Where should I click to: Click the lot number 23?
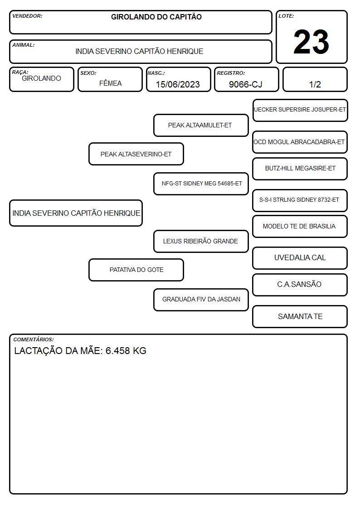tap(311, 42)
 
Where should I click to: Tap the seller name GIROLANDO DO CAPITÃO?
tap(156, 17)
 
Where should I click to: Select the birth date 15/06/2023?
tap(178, 84)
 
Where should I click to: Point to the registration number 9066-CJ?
tap(245, 84)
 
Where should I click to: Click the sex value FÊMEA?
tap(110, 83)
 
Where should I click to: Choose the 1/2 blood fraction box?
tap(315, 79)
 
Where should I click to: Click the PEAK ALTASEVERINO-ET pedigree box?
tap(136, 154)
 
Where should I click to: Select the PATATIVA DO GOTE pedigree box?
tap(136, 270)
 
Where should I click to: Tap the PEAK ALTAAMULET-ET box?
tap(201, 125)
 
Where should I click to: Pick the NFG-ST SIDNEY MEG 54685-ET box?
tap(201, 184)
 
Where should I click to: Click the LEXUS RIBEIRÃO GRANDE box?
tap(201, 241)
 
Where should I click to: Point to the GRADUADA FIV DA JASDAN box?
tap(201, 300)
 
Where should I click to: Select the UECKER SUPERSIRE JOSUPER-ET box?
tap(300, 111)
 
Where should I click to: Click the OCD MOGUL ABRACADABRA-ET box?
tap(300, 142)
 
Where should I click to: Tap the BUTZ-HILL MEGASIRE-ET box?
tap(300, 169)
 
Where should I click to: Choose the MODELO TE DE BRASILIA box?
tap(300, 226)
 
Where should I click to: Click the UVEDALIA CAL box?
tap(300, 258)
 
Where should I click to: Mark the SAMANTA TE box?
tap(300, 316)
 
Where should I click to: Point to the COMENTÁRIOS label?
tap(34, 339)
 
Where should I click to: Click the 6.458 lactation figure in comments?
tap(117, 351)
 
